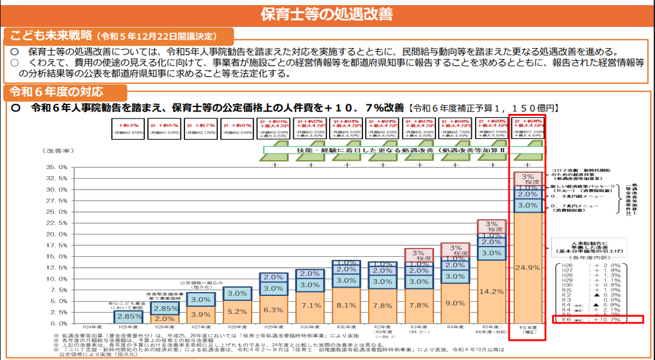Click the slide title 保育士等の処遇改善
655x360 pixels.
tap(327, 13)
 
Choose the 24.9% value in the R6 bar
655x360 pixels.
tap(528, 267)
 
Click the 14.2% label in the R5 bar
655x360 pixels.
tap(492, 291)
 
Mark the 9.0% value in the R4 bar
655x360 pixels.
tap(455, 303)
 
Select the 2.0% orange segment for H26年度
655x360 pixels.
tap(165, 318)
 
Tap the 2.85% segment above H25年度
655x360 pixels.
tap(129, 316)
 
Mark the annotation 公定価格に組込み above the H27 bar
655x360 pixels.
tap(199, 282)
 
